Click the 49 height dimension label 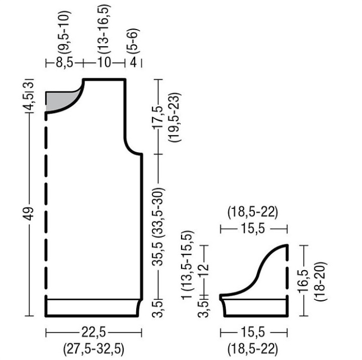(x=30, y=214)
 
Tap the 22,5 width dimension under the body (x=94, y=333)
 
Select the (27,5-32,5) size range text (x=94, y=348)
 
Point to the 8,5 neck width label (x=64, y=62)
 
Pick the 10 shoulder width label (x=105, y=62)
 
